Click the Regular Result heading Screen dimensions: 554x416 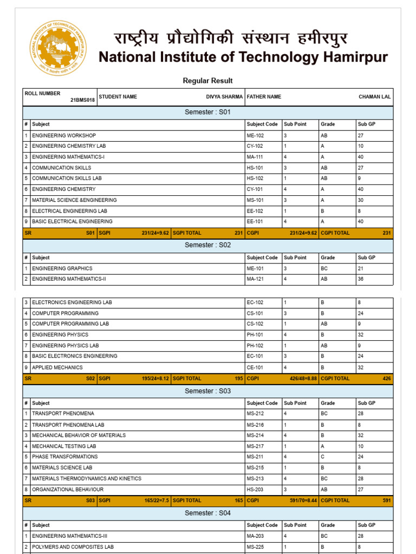[x=207, y=81]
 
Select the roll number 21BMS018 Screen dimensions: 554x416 [x=82, y=100]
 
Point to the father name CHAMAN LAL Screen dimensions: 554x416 [x=374, y=97]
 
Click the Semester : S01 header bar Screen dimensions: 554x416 [x=207, y=112]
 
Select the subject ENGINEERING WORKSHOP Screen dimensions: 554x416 [x=64, y=135]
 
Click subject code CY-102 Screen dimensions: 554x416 [x=255, y=146]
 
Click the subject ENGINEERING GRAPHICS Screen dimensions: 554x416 [x=62, y=268]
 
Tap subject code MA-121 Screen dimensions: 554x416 [x=255, y=279]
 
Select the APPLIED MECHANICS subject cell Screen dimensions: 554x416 [x=57, y=367]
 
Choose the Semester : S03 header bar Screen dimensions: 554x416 [x=207, y=391]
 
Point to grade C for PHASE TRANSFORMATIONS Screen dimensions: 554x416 [x=322, y=457]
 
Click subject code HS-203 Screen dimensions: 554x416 [x=255, y=490]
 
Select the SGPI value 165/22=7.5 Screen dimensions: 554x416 [x=155, y=500]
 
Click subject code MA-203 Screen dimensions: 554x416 [x=255, y=536]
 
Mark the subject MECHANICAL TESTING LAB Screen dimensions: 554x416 [x=64, y=446]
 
